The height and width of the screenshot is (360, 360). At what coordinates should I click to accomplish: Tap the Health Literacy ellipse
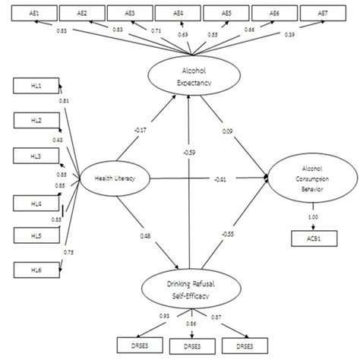tap(114, 178)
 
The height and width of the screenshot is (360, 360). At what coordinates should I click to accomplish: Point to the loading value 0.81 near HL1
tap(62, 101)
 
